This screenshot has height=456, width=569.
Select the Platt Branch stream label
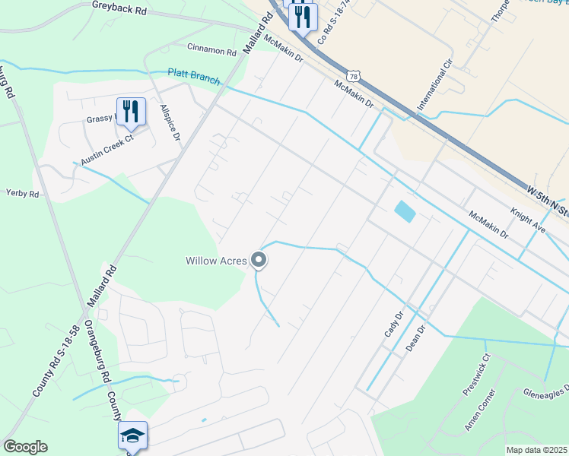click(x=194, y=77)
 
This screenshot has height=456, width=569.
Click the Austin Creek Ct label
click(x=107, y=151)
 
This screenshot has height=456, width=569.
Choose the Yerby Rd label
click(x=22, y=194)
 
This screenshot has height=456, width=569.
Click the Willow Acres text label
click(x=217, y=261)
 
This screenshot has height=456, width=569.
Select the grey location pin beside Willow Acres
click(x=259, y=261)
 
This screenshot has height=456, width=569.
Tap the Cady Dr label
click(x=393, y=325)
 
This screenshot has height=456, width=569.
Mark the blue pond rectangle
click(x=405, y=211)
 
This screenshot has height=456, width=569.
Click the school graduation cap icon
click(x=132, y=435)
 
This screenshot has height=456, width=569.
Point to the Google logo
click(x=25, y=447)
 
